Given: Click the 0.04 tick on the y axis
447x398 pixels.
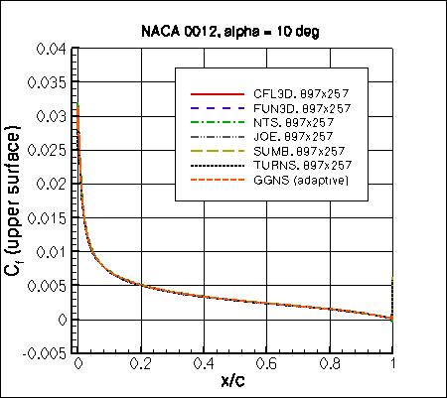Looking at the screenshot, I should coord(52,49).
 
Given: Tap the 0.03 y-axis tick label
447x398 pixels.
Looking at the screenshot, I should coord(52,116).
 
